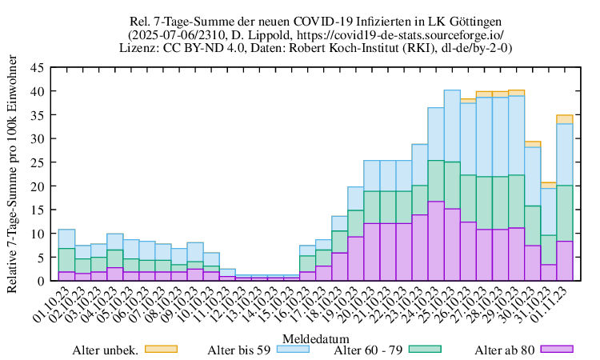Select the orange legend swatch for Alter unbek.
(160, 349)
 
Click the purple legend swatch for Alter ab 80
(558, 349)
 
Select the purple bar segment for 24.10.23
(436, 241)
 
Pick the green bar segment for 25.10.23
(452, 185)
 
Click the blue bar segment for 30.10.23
(533, 176)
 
